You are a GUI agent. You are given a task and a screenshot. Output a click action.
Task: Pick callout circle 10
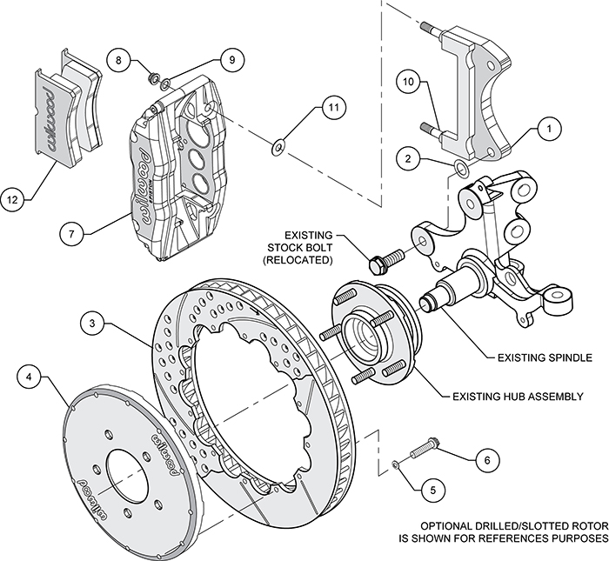pyautogui.click(x=410, y=83)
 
